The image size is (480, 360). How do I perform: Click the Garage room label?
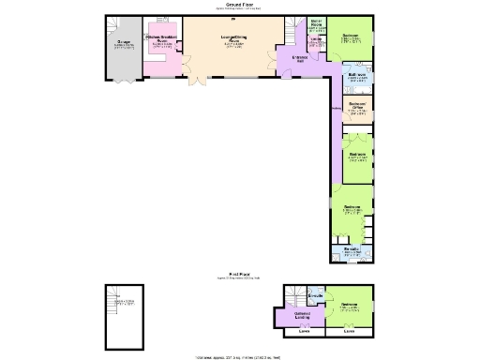coord(124,41)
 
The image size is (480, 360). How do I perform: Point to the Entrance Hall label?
coord(301,59)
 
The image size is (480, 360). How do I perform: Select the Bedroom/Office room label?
coord(356,106)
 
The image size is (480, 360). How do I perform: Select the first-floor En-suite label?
coord(316,296)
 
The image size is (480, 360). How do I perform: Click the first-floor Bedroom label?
coord(350,306)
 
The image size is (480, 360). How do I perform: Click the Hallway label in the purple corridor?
coord(335,110)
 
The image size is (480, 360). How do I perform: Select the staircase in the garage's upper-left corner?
coord(112,23)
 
